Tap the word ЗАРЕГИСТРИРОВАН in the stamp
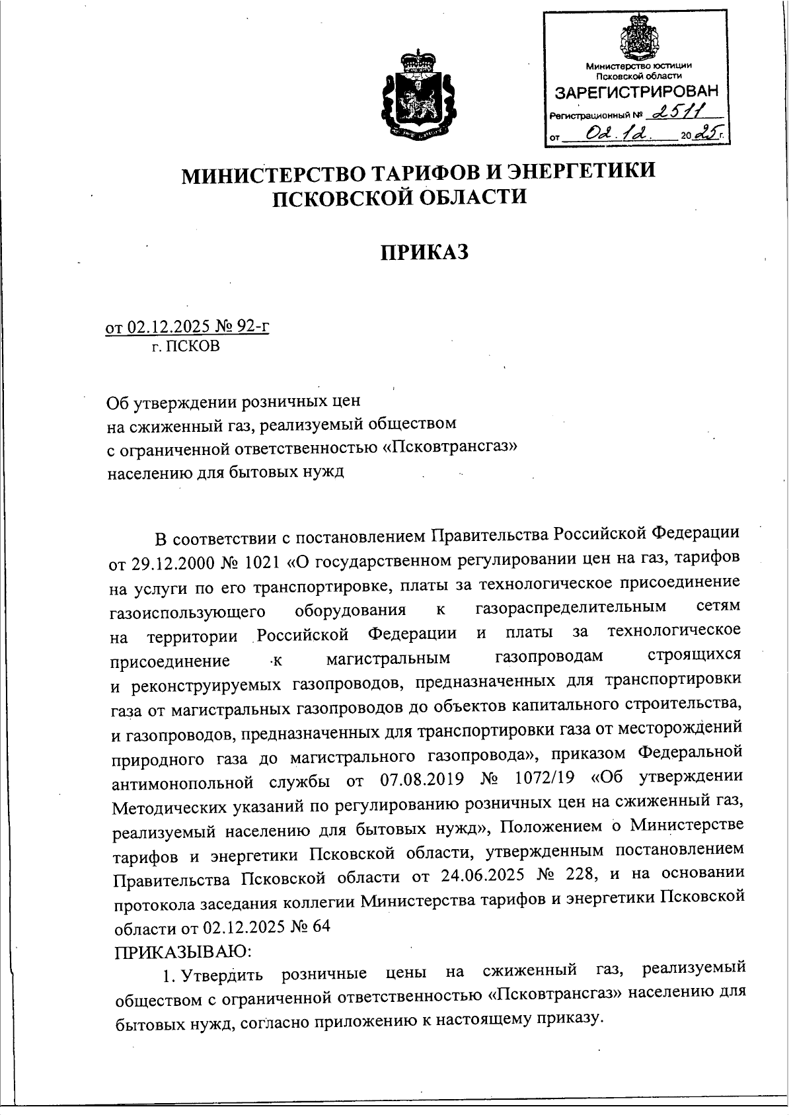[636, 91]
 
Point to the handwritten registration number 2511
[679, 114]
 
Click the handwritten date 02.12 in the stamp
[619, 135]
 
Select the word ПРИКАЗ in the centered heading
[424, 251]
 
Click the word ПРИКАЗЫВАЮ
[182, 952]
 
